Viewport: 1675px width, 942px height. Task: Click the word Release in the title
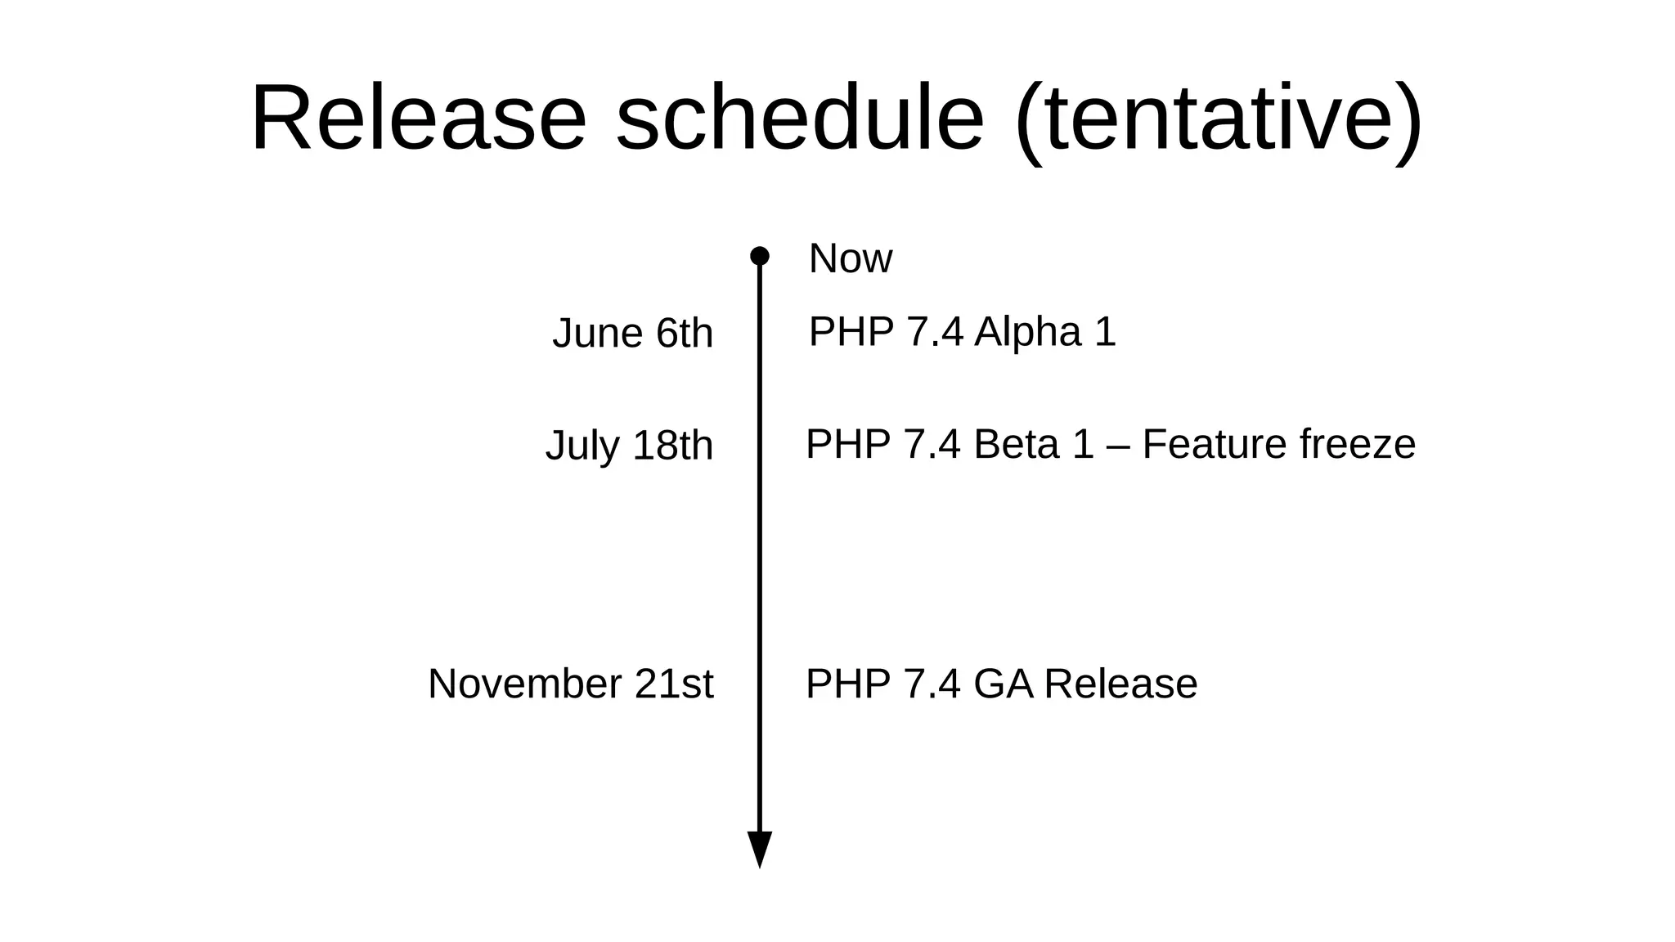(x=418, y=119)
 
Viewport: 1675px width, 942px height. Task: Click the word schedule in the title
(x=799, y=119)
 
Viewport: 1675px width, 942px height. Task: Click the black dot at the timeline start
(x=759, y=256)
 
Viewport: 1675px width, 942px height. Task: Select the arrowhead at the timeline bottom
(x=759, y=849)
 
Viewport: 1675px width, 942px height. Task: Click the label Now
(x=850, y=259)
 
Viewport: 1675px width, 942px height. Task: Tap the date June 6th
(x=632, y=334)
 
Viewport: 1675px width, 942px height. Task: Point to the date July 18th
(x=629, y=446)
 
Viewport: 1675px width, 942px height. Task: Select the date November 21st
(x=570, y=684)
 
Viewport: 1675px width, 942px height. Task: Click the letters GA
(x=1004, y=684)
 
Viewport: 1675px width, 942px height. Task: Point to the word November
(x=524, y=684)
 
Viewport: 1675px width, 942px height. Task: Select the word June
(x=597, y=334)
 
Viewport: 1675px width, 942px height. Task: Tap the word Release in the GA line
(x=1120, y=684)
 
